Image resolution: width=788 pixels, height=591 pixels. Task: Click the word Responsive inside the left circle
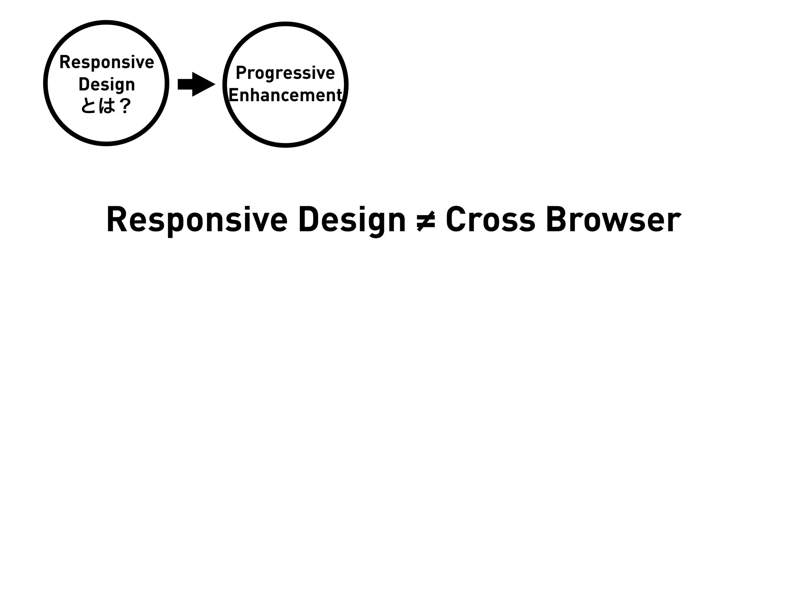pos(107,62)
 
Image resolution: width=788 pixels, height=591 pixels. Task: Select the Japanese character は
pos(107,105)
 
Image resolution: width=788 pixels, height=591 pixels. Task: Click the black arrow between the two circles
pos(196,84)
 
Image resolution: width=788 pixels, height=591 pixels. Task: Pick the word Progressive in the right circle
pos(285,73)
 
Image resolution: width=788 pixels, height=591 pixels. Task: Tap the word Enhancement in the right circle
pos(285,95)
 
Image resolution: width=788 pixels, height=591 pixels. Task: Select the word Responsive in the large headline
pos(197,220)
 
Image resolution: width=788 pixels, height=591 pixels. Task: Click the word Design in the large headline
pos(352,220)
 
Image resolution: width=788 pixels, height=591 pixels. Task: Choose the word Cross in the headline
pos(490,220)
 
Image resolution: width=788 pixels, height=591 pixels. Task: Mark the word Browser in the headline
pos(613,220)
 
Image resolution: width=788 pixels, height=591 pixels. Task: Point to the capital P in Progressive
pos(241,73)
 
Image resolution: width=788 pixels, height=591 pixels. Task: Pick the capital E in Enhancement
pos(234,95)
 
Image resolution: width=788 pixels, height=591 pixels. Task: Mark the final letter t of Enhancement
pos(339,95)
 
